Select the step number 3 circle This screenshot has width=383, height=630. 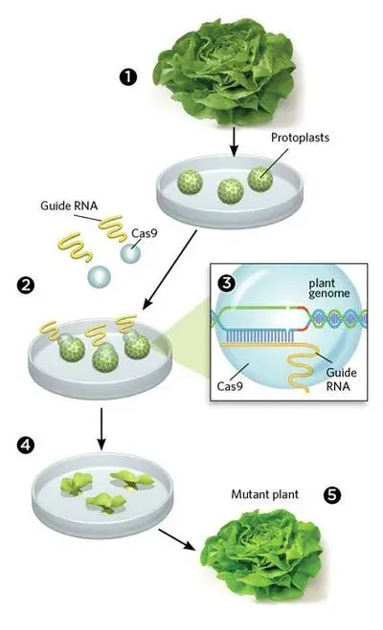click(x=226, y=284)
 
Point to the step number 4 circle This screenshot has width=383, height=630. click(x=24, y=446)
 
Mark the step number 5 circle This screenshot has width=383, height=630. click(x=331, y=496)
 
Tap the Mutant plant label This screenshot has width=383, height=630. click(x=263, y=496)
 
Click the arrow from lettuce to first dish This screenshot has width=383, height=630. click(x=233, y=144)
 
